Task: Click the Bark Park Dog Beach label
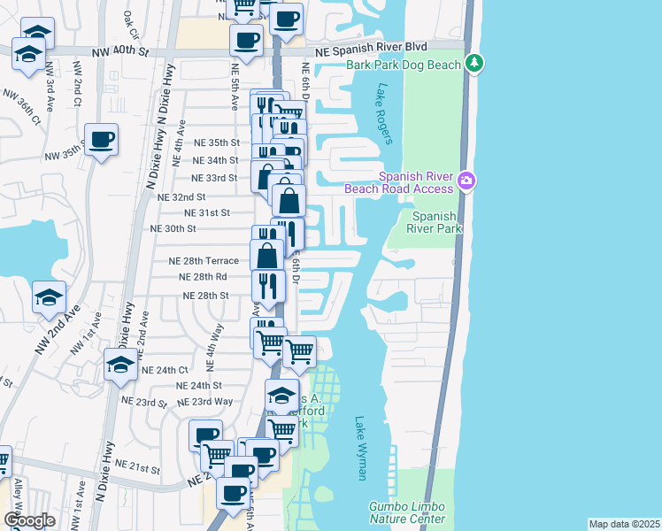click(404, 65)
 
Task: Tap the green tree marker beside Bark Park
click(475, 63)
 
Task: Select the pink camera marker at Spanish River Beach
click(466, 182)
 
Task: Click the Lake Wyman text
click(360, 449)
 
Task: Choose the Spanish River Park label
click(435, 222)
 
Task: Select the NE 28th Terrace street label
click(204, 261)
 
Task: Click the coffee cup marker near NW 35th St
click(102, 140)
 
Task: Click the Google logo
click(29, 520)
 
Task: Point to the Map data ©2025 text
click(624, 524)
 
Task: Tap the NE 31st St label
click(207, 213)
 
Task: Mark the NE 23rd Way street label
click(205, 402)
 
